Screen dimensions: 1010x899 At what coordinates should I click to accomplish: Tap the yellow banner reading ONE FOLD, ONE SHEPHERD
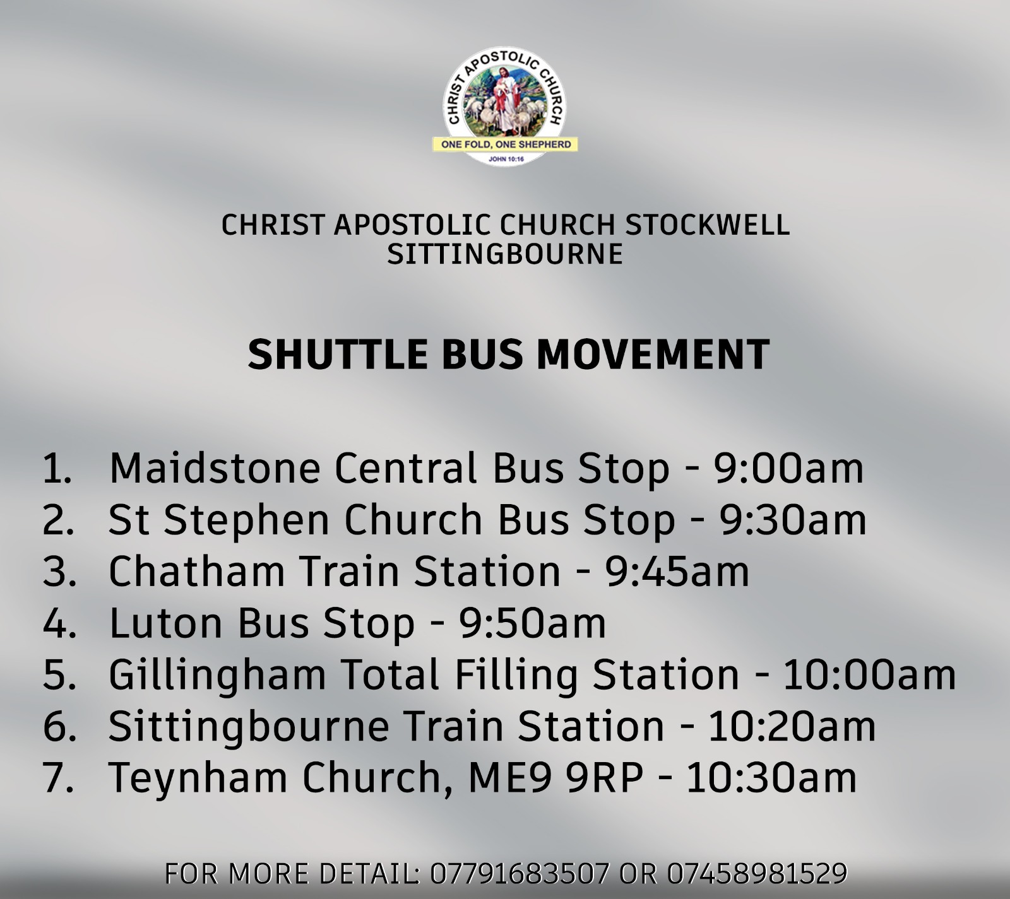point(505,144)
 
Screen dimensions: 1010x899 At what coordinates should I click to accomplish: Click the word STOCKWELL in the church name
point(707,225)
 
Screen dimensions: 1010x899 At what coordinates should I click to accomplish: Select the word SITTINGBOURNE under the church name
point(505,254)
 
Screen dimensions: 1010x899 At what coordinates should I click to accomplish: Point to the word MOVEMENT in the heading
point(653,354)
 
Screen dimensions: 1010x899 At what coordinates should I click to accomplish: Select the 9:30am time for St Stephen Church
point(793,520)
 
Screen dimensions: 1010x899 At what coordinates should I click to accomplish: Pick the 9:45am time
point(677,572)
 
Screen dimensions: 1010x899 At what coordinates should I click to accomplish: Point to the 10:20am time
point(792,726)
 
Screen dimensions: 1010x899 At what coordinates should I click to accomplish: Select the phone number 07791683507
point(520,874)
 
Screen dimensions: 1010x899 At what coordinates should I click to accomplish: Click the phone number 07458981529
point(757,874)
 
